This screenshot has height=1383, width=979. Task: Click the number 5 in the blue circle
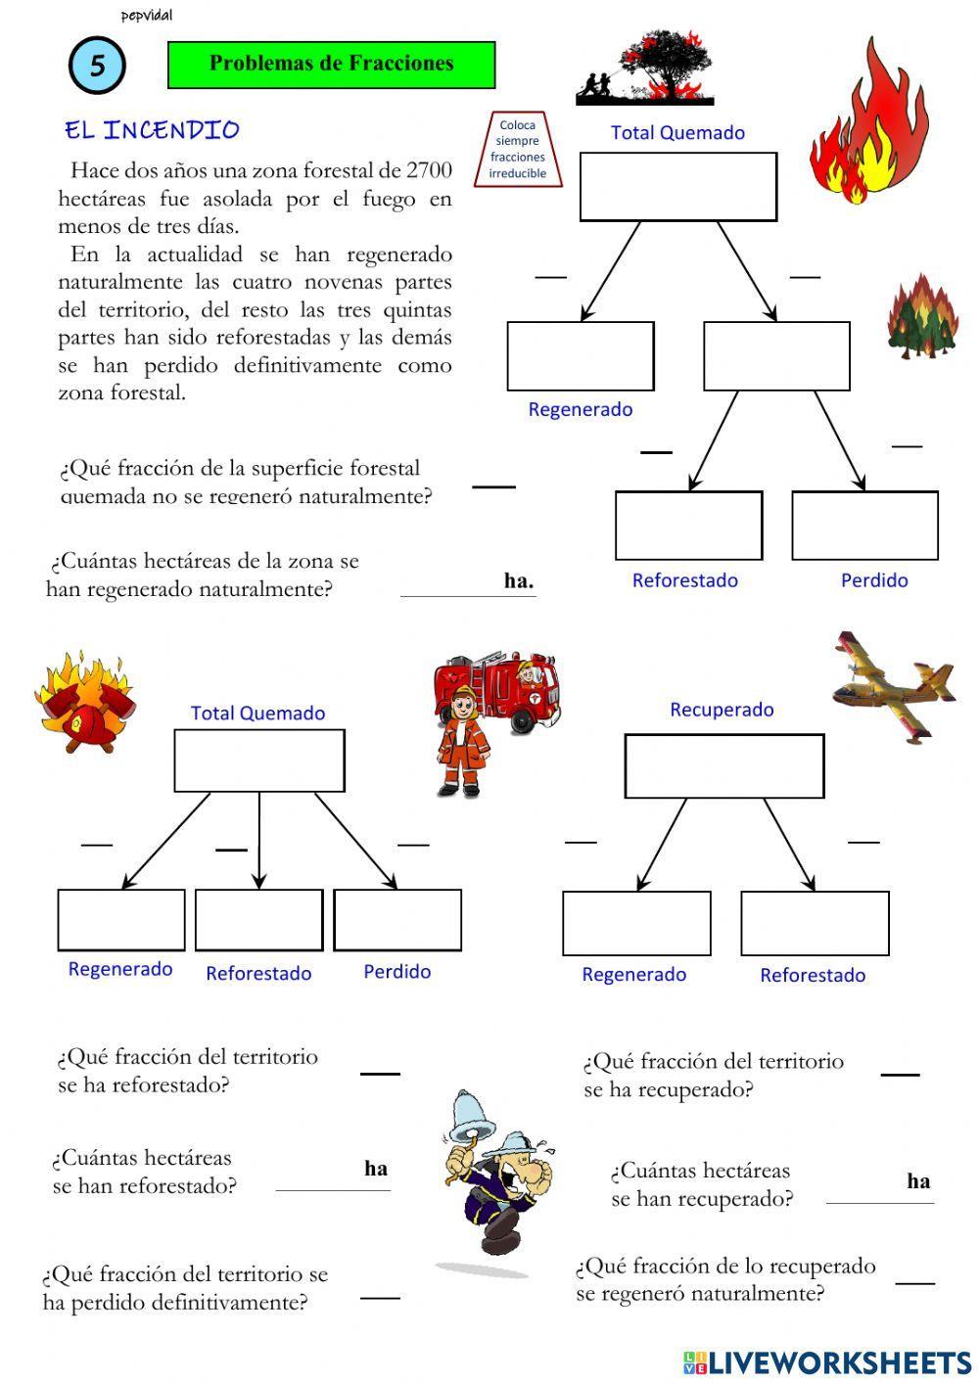(97, 66)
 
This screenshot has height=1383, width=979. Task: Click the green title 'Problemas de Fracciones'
(331, 65)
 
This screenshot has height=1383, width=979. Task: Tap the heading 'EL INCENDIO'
(152, 130)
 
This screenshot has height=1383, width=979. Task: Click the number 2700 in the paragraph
(429, 170)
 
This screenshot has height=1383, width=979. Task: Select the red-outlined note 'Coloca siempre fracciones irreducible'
(518, 150)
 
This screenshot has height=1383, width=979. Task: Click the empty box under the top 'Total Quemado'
(677, 186)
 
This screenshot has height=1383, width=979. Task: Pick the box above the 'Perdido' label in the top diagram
(864, 526)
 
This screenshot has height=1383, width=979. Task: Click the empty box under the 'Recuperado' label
(723, 765)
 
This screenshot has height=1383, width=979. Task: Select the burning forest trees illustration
(921, 315)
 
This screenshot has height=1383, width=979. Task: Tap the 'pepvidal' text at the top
(147, 16)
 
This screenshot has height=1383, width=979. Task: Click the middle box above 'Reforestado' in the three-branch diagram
(258, 919)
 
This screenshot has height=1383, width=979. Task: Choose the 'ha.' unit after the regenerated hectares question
(519, 581)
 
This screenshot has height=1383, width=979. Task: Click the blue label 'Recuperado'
(722, 710)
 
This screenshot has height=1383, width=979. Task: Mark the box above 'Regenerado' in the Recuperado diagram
(636, 923)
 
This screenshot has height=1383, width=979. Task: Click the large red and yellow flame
(865, 122)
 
